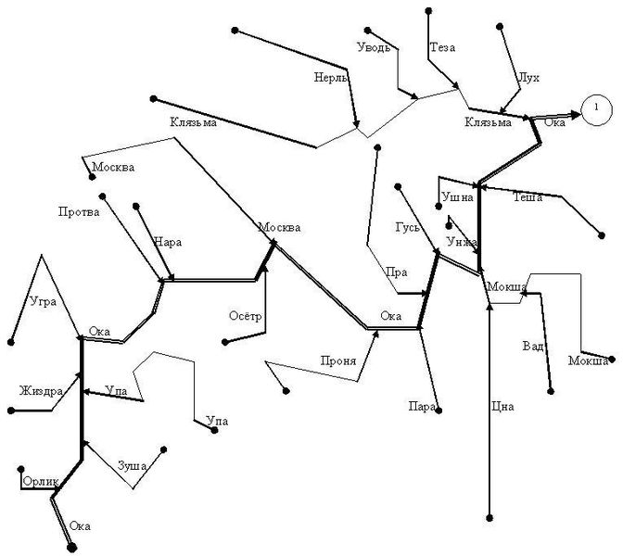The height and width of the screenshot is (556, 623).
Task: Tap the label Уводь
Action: tap(374, 47)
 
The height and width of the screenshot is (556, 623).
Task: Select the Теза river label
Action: tap(442, 47)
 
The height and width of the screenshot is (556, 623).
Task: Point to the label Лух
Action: tap(528, 78)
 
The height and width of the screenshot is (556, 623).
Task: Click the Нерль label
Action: tap(331, 77)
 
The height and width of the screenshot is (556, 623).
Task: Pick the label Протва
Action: tap(79, 212)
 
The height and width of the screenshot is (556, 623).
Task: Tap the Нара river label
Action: tap(167, 242)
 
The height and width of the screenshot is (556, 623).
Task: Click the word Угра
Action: tap(44, 302)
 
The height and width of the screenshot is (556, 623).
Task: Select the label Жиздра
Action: tap(41, 391)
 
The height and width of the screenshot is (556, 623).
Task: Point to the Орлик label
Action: tap(41, 482)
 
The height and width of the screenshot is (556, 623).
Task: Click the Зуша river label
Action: tap(132, 465)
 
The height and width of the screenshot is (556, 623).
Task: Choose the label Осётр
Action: tap(245, 316)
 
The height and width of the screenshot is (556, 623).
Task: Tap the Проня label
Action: tap(338, 361)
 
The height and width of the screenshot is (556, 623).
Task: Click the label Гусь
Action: tap(407, 227)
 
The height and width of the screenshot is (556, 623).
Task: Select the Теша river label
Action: tap(528, 197)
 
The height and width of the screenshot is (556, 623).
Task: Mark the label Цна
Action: tap(502, 407)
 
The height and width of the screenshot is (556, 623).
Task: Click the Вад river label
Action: tap(532, 346)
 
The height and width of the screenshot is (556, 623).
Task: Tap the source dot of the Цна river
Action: tap(489, 518)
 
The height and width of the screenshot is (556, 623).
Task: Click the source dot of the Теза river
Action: tap(428, 11)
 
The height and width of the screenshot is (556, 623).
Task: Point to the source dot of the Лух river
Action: tap(500, 26)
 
